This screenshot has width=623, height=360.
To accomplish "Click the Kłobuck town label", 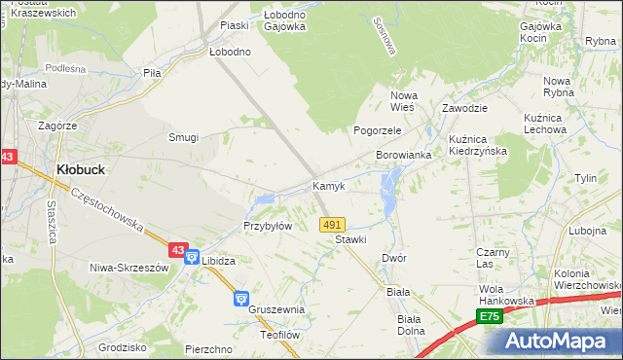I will click(81, 168).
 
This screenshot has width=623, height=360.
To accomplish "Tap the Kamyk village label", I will click(328, 186).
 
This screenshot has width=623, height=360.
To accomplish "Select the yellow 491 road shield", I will click(331, 225).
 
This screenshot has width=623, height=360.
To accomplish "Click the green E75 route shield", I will click(489, 317).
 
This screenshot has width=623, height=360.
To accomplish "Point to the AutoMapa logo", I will click(558, 342).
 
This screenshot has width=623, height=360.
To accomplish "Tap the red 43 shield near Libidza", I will click(177, 250).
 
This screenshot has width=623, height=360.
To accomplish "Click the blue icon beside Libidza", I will click(192, 259).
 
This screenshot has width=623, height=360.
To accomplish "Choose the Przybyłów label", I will click(268, 226).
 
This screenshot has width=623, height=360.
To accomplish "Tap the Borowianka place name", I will click(403, 156).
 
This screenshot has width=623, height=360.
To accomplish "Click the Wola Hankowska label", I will click(506, 295).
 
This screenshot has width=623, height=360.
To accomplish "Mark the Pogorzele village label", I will click(378, 130).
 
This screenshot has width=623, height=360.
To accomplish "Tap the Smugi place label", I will click(183, 137).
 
